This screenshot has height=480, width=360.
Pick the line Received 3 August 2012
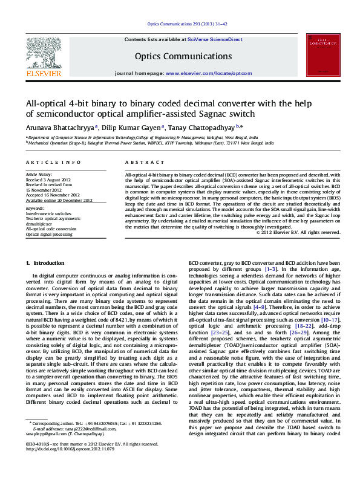pyautogui.click(x=47, y=180)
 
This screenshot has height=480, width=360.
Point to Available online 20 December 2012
pyautogui.click(x=59, y=200)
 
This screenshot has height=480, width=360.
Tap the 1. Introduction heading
pyautogui.click(x=45, y=264)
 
